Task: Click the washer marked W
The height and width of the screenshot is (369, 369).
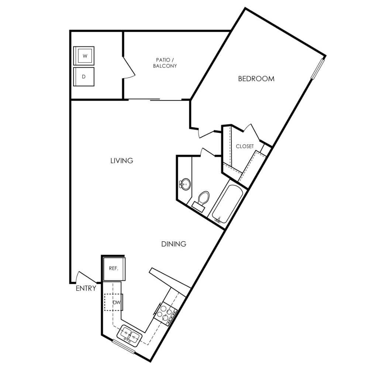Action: click(x=84, y=56)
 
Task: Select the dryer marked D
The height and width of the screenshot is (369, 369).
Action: click(x=84, y=77)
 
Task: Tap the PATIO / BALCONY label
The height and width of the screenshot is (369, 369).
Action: click(x=165, y=63)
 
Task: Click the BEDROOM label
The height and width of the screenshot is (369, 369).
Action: click(x=256, y=79)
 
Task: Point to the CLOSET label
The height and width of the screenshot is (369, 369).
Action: click(x=245, y=146)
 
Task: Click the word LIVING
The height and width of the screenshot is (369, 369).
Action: click(x=122, y=161)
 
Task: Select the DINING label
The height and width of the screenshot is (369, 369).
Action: click(x=174, y=244)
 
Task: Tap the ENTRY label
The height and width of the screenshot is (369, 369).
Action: click(x=86, y=288)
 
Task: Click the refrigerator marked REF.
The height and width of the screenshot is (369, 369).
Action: click(x=114, y=269)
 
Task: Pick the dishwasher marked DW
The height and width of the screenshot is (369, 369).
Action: click(x=114, y=303)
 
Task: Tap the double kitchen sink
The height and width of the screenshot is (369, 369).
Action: click(x=130, y=335)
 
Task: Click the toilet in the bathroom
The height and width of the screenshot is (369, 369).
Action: click(x=201, y=201)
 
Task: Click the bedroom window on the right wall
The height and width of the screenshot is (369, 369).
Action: click(x=318, y=69)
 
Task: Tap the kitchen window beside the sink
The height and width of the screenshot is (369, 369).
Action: click(x=124, y=346)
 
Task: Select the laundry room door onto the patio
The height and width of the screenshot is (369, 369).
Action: click(x=128, y=67)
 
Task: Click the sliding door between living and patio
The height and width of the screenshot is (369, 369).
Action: click(x=155, y=100)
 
